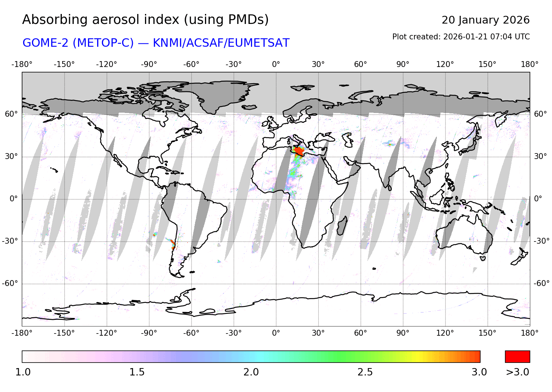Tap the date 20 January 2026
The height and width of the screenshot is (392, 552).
(485, 20)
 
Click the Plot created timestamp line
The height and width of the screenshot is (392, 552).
(461, 37)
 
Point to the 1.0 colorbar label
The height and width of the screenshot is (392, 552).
(23, 372)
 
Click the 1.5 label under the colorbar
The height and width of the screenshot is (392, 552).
(137, 372)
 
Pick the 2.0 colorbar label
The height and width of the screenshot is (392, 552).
(251, 372)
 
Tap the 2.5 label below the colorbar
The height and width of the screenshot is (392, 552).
(365, 372)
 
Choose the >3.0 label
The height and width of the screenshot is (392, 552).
(517, 372)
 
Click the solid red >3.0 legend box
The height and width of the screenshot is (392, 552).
(517, 357)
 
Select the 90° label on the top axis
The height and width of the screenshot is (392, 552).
(403, 64)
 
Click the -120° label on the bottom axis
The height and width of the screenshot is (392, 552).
(106, 333)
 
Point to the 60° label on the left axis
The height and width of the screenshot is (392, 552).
(11, 114)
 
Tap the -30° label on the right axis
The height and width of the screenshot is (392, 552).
(541, 241)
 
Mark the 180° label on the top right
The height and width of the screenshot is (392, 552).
(530, 64)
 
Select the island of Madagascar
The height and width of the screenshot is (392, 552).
(342, 225)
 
